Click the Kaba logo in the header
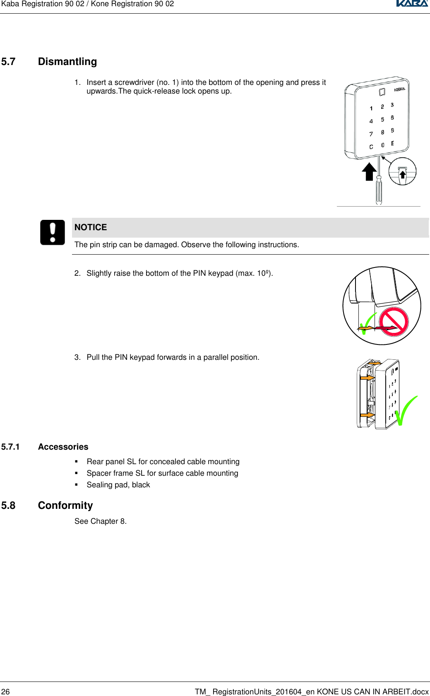412,4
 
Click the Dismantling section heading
67,62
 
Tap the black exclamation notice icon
53,232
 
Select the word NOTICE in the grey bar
91,227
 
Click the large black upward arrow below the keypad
369,171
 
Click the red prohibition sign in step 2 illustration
394,322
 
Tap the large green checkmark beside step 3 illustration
405,411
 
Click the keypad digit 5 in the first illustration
382,119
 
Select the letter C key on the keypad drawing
371,147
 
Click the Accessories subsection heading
63,447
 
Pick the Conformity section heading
65,506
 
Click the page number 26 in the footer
5,691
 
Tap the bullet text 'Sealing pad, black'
118,485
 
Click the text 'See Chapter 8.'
101,521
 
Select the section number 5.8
8,506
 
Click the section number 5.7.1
10,447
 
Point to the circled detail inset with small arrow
402,171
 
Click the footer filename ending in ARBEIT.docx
312,691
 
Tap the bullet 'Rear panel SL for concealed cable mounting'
163,462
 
